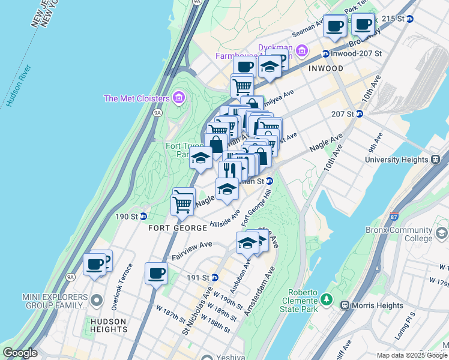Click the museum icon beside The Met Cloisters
click(x=178, y=98)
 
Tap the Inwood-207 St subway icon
click(x=325, y=53)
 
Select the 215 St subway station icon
click(x=410, y=19)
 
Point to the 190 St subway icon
click(x=143, y=216)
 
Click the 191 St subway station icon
click(x=214, y=277)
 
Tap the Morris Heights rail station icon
click(x=345, y=305)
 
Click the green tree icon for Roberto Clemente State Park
click(x=326, y=298)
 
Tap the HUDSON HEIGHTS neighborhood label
click(x=109, y=325)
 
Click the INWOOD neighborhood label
click(x=326, y=68)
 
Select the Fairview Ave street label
click(x=192, y=245)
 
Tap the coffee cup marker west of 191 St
click(x=157, y=273)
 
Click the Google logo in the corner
click(x=20, y=353)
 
